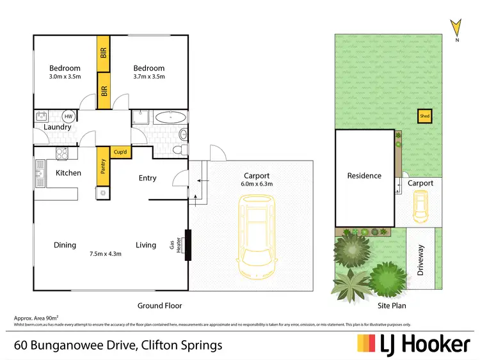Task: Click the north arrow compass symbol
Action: [455, 27]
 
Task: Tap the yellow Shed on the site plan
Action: [424, 116]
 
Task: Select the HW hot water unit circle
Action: [68, 116]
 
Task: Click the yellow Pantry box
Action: [101, 166]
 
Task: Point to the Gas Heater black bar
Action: [188, 245]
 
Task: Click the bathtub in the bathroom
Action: [170, 118]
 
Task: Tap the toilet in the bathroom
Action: [183, 134]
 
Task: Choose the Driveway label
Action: [420, 260]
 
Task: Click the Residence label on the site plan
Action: [364, 176]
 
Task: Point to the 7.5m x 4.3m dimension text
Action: [105, 254]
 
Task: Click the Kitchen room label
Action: [68, 173]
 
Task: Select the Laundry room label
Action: [58, 127]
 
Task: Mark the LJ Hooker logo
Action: [413, 344]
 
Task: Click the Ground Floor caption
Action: [160, 306]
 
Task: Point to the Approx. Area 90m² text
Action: [36, 318]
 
